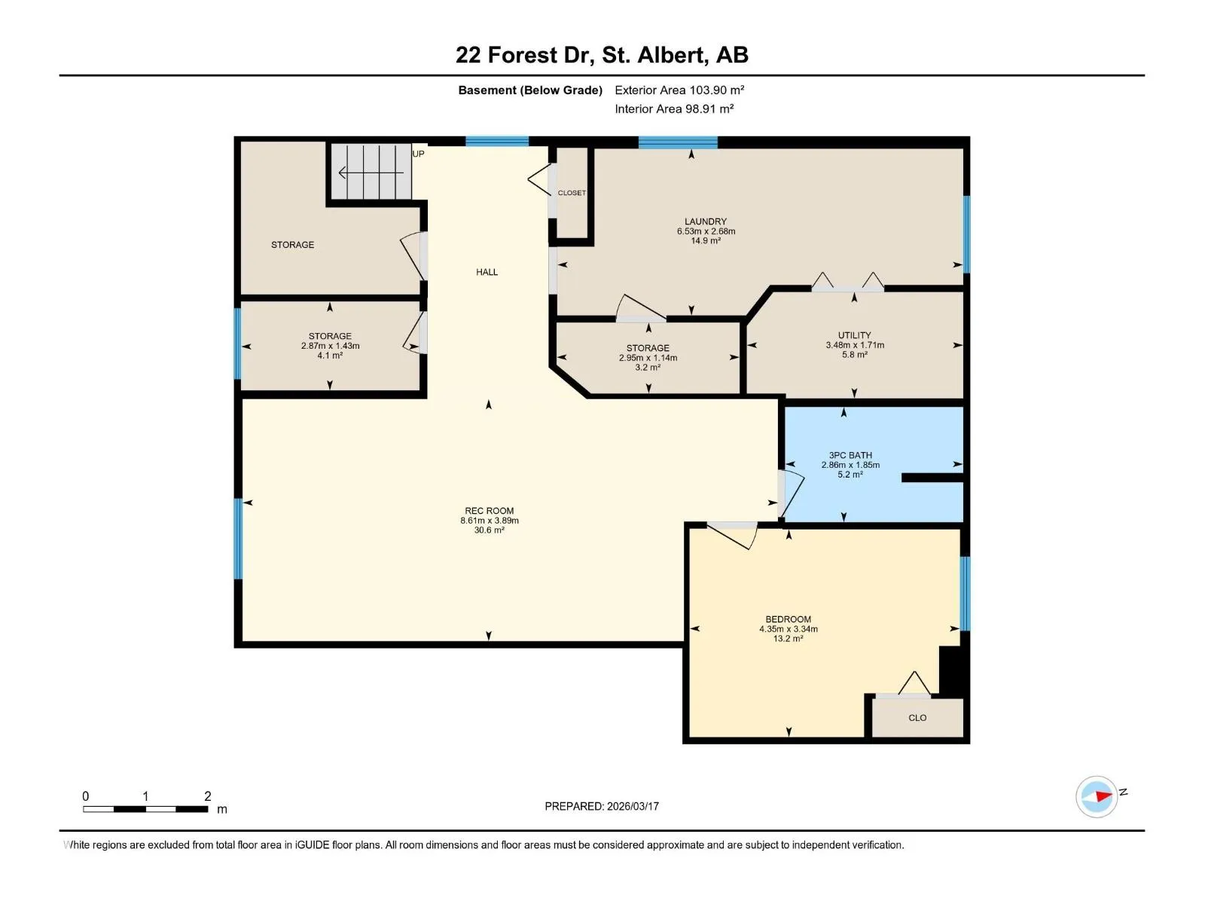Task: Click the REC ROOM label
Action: tap(489, 511)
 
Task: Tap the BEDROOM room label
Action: tap(789, 619)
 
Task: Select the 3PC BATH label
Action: tap(850, 455)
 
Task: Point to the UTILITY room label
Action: tap(854, 334)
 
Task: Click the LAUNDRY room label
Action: tap(706, 221)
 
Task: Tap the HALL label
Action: tap(487, 272)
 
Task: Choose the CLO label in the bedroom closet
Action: tap(917, 718)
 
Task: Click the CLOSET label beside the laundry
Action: tap(572, 193)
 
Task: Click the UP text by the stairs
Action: tap(418, 154)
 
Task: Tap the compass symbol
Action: tap(1097, 796)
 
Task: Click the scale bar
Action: tap(145, 809)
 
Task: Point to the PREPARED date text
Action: tap(602, 806)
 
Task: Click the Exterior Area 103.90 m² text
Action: tap(679, 90)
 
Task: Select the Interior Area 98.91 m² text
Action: tap(674, 108)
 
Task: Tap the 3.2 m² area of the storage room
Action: tap(648, 367)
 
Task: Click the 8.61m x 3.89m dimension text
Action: tap(489, 521)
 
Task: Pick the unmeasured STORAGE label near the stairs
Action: tap(293, 245)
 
